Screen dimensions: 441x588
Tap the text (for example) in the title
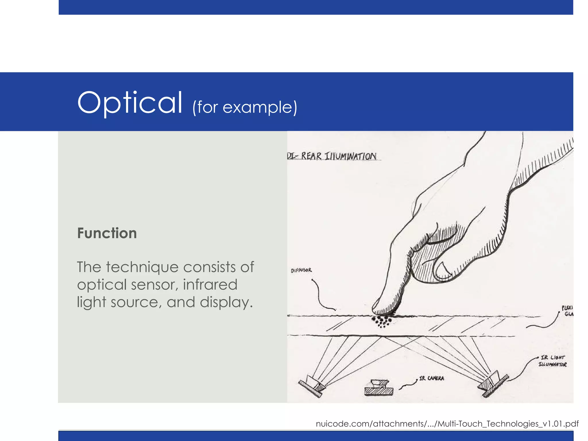coord(245,107)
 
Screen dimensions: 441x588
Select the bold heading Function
coord(107,233)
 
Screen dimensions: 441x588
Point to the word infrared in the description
coord(210,285)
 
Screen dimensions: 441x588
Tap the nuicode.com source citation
coord(447,424)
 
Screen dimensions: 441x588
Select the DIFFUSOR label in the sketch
coord(301,270)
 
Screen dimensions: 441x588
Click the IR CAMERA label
coord(431,378)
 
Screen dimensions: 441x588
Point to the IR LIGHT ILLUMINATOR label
coord(552,361)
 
